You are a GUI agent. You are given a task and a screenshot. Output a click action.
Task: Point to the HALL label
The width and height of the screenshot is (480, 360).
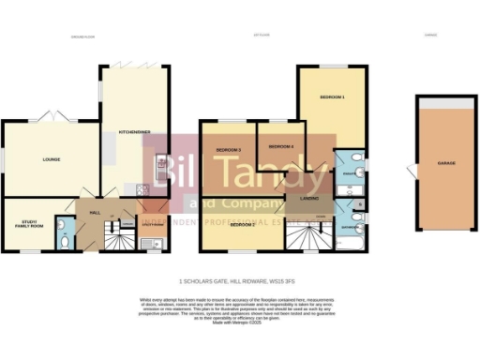click(95, 213)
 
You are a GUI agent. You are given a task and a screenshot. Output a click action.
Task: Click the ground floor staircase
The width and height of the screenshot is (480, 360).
click(117, 241)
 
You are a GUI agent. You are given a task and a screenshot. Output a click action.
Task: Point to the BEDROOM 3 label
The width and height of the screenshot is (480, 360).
click(229, 150)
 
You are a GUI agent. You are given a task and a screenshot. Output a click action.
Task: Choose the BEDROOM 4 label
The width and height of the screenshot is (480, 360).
click(280, 147)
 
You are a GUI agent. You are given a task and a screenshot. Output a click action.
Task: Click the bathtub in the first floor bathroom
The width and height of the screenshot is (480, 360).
click(352, 245)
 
